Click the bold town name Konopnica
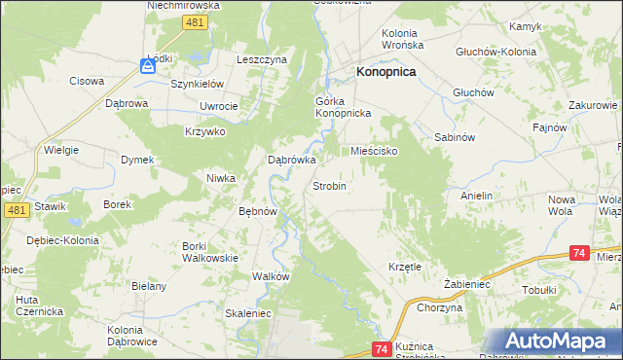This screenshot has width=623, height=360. tap(386, 71)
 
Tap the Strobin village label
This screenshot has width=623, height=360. tap(329, 185)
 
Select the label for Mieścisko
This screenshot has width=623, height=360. tap(375, 152)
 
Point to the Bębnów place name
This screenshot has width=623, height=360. tap(259, 211)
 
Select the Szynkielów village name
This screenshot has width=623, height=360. tap(198, 85)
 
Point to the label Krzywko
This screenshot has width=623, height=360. tap(205, 131)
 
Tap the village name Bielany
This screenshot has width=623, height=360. tap(151, 286)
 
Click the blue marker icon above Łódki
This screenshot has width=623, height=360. tap(147, 66)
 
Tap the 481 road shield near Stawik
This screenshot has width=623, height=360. tap(15, 210)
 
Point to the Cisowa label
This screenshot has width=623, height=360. tap(86, 81)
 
